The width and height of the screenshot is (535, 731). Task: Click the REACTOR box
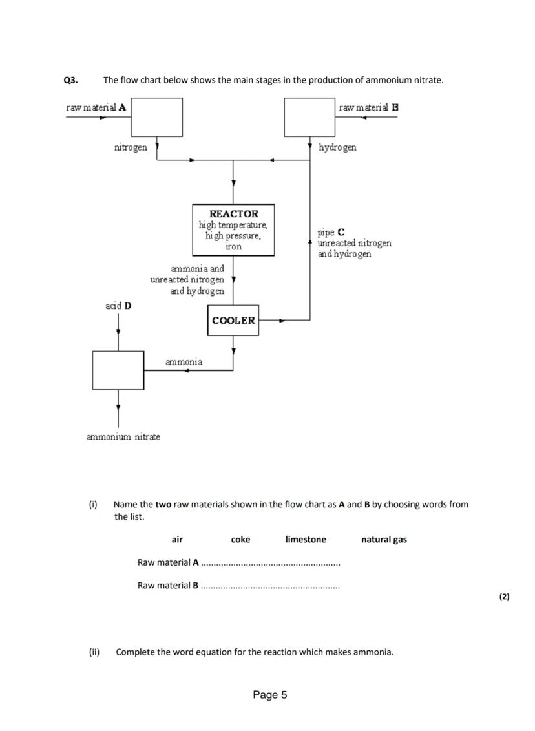(x=233, y=229)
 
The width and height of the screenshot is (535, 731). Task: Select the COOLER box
(x=233, y=321)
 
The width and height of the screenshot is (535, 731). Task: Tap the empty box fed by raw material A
(x=156, y=117)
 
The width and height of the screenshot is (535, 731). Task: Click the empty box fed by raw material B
(x=310, y=117)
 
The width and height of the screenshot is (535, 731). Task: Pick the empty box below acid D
(x=118, y=370)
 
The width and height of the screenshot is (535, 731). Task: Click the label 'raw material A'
(x=96, y=107)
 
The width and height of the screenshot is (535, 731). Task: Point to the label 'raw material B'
(x=368, y=107)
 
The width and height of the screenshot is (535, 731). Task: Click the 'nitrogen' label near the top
(x=131, y=147)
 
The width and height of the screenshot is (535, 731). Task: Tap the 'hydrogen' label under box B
(x=337, y=147)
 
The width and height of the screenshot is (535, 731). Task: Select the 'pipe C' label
(x=331, y=232)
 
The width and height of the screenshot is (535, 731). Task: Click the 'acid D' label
(x=118, y=306)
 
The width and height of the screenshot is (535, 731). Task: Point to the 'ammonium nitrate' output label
(x=123, y=437)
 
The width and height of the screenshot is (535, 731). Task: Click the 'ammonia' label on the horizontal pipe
(x=184, y=362)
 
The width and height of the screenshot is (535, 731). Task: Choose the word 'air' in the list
(x=177, y=540)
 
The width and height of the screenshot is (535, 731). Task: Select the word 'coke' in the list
(x=240, y=540)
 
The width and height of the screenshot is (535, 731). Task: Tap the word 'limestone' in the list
(x=306, y=540)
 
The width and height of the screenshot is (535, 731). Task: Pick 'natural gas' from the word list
(x=384, y=540)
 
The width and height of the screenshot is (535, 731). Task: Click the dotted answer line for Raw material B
(x=270, y=586)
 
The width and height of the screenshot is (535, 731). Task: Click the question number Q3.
(x=70, y=80)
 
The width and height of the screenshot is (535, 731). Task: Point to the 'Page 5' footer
(x=270, y=695)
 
